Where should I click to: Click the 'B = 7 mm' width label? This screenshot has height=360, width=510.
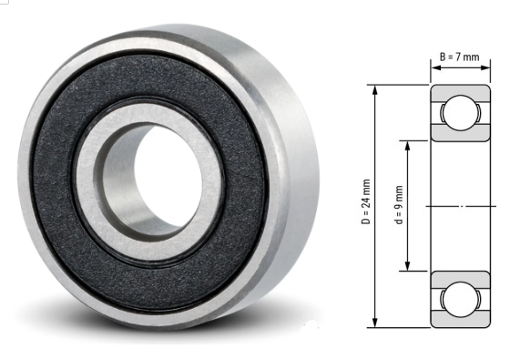(460, 57)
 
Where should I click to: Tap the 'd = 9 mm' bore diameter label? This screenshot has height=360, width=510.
(398, 206)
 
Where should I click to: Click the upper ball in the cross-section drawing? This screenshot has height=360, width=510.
(455, 114)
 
